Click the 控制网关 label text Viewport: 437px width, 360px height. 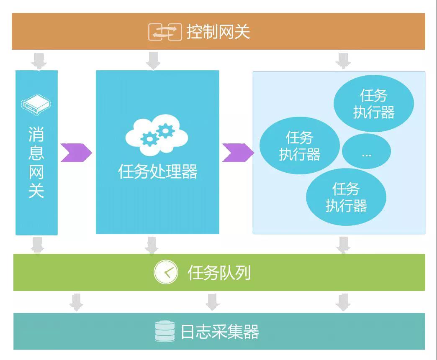(218, 32)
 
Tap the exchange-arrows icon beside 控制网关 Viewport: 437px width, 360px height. (165, 32)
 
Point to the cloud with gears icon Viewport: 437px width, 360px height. (157, 135)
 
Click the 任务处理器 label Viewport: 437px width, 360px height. (157, 171)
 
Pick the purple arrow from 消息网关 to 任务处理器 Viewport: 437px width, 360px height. (76, 153)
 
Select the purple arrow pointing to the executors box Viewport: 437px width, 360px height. (237, 153)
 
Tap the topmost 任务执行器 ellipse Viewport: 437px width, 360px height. (373, 104)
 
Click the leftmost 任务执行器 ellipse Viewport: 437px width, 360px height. (300, 145)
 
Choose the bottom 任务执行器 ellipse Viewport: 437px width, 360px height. (346, 197)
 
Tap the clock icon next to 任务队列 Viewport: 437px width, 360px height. (166, 273)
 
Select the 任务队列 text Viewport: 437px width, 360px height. (219, 273)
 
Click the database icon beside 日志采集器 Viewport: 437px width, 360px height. (165, 332)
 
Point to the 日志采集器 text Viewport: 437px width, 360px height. (220, 332)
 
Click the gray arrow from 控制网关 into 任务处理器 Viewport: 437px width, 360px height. (153, 60)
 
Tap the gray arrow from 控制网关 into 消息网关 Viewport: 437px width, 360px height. (39, 60)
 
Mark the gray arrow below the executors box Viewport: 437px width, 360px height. (343, 245)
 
